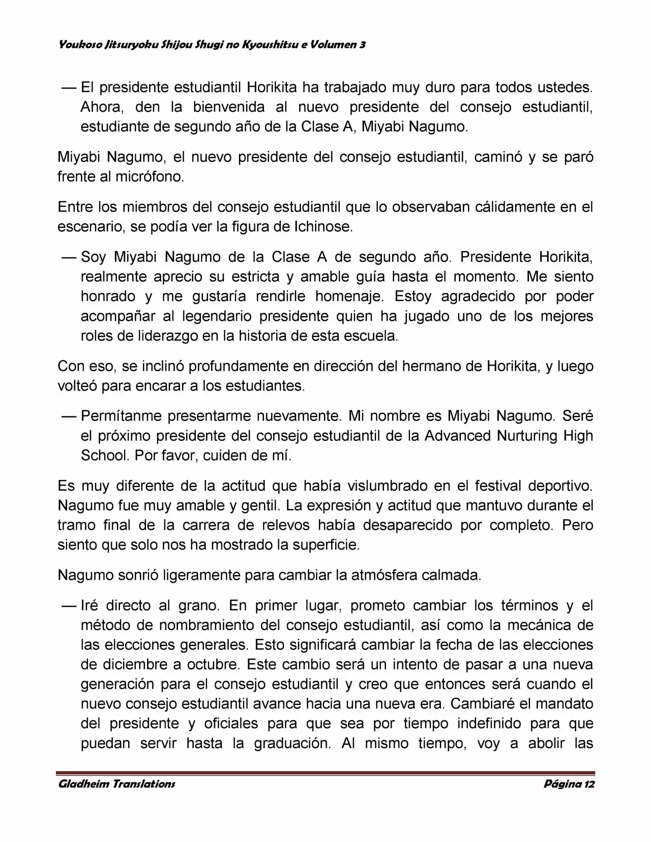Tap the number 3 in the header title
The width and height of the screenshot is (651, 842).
(x=362, y=45)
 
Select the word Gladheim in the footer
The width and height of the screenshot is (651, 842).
(x=82, y=784)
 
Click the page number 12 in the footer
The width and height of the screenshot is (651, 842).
(x=589, y=784)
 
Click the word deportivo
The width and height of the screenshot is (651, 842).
(x=559, y=486)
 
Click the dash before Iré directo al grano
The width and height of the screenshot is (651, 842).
(x=68, y=606)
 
